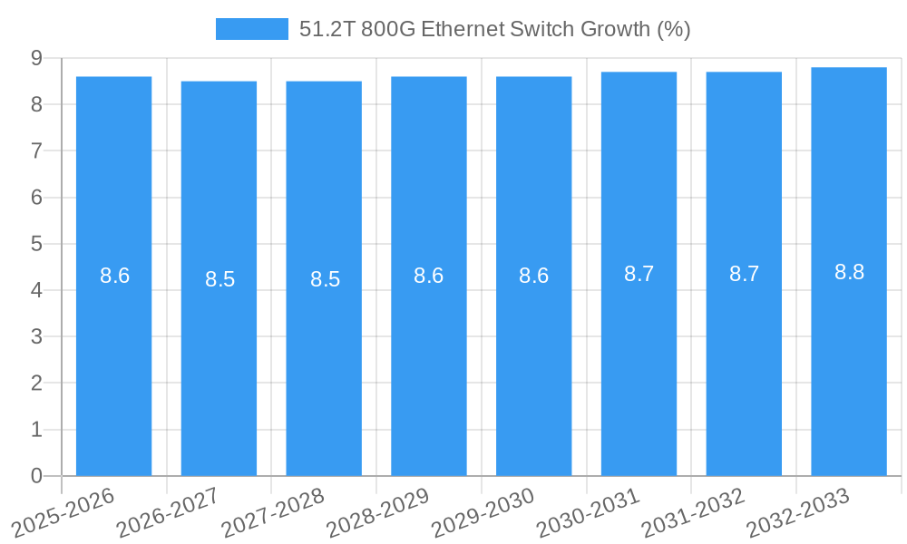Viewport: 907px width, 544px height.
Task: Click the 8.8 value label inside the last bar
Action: click(x=849, y=272)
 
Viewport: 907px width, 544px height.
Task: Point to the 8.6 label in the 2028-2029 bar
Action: click(x=428, y=276)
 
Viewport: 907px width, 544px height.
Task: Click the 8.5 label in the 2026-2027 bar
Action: click(x=219, y=279)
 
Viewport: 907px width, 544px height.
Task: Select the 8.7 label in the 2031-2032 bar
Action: click(x=744, y=274)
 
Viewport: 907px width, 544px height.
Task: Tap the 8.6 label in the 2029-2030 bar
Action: click(x=533, y=276)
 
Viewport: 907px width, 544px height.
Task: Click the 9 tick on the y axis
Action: click(x=36, y=58)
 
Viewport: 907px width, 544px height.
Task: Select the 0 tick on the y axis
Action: click(x=36, y=476)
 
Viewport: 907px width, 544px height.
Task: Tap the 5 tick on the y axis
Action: click(x=36, y=244)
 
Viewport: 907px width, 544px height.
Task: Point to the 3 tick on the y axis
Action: click(x=36, y=336)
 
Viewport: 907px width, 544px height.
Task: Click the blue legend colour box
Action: click(x=251, y=29)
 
